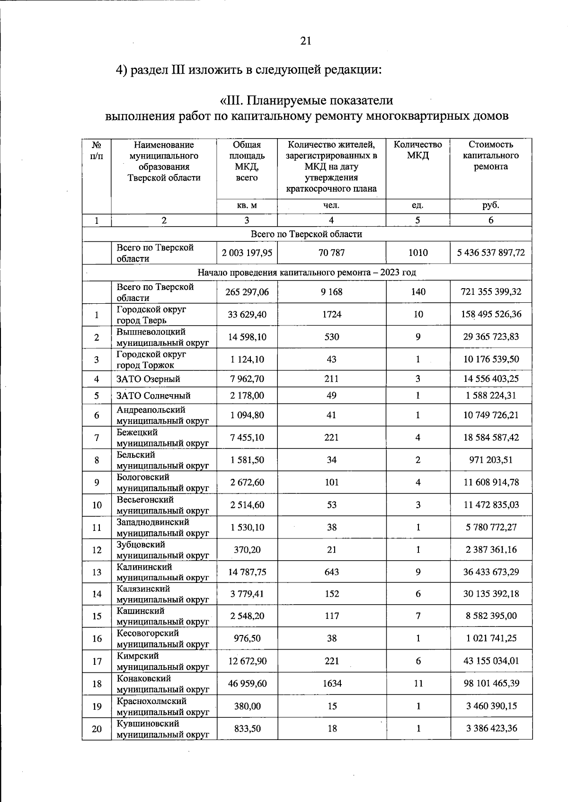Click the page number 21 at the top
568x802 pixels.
click(306, 41)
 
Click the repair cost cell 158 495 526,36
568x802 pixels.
click(491, 314)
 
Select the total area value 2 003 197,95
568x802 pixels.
click(247, 253)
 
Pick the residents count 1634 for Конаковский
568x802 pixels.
click(331, 683)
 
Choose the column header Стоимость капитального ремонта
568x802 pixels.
click(491, 155)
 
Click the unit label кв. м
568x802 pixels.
click(247, 206)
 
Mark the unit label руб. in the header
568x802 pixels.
click(491, 206)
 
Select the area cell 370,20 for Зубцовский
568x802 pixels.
click(247, 550)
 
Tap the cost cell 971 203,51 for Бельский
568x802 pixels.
click(491, 460)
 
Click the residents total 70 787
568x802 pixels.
click(331, 253)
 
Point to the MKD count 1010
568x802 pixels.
click(418, 253)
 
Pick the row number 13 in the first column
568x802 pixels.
click(97, 572)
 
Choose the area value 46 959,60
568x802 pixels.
click(247, 683)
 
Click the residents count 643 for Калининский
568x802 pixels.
click(331, 572)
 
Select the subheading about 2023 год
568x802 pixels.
click(307, 273)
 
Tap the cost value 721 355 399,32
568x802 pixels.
click(491, 292)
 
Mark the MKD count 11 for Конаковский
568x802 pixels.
click(418, 683)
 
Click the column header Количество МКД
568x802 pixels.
click(418, 150)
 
